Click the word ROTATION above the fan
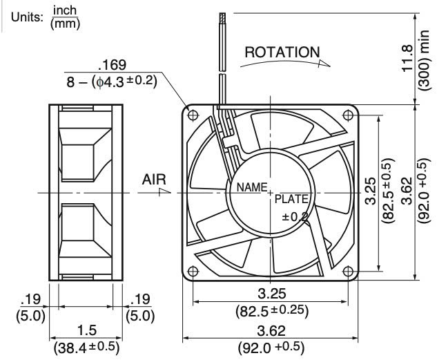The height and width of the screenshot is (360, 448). (283, 53)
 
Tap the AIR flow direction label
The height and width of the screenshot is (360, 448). (154, 179)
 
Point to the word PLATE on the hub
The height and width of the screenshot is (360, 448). (293, 200)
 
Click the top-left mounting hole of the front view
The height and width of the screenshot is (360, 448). (193, 114)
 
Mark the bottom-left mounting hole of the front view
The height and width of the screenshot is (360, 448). (193, 270)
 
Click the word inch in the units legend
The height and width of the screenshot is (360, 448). (66, 11)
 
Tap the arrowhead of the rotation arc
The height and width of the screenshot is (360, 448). (324, 61)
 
